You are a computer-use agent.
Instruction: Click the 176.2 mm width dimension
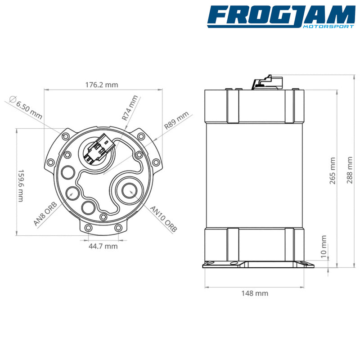[102, 85]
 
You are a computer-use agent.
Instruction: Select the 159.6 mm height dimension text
[21, 186]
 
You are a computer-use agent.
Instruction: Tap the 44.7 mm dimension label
[103, 246]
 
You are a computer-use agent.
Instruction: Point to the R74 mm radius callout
[130, 108]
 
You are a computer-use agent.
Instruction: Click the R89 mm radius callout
[176, 120]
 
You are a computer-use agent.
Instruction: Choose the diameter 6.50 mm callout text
[26, 108]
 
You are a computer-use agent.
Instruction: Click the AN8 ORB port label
[45, 214]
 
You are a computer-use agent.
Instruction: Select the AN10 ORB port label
[163, 219]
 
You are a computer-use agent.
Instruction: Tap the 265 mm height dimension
[333, 171]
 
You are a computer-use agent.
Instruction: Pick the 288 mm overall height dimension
[350, 170]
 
